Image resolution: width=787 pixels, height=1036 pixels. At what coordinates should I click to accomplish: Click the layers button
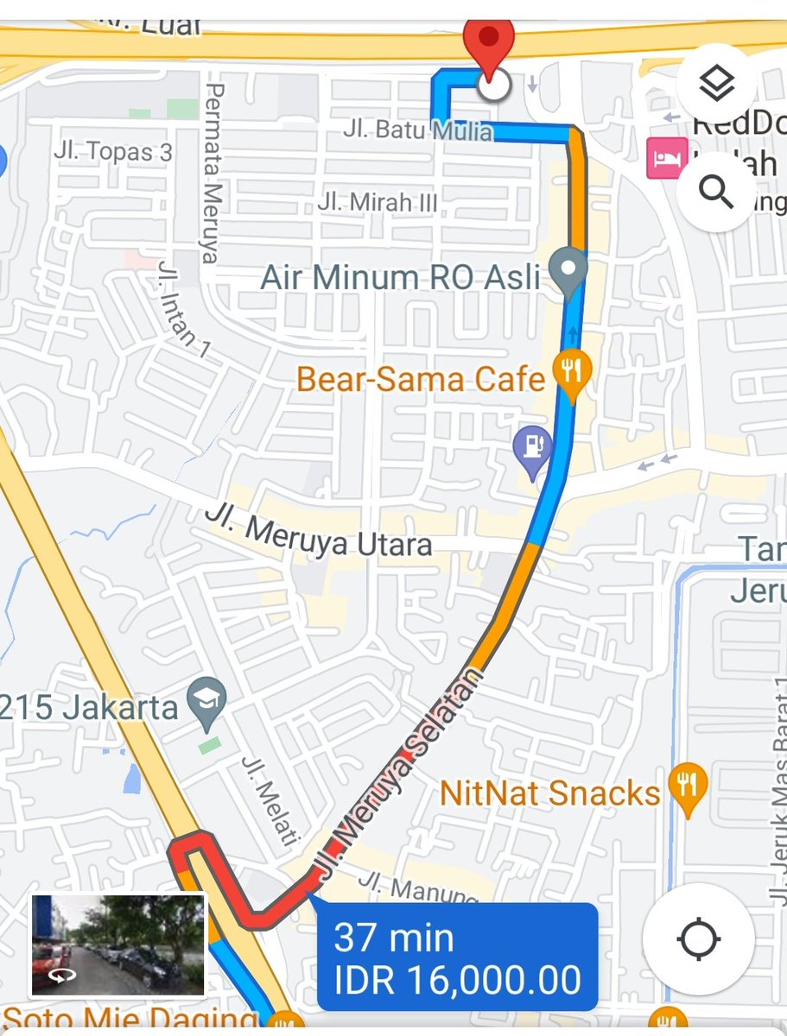(716, 84)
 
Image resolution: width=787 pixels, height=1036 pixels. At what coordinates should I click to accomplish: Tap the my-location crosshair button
(699, 939)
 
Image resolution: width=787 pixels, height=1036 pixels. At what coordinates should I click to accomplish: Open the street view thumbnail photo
(117, 944)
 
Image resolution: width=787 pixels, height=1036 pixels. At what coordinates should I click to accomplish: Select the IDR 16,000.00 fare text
(458, 981)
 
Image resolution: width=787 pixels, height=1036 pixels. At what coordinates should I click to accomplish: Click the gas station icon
(532, 448)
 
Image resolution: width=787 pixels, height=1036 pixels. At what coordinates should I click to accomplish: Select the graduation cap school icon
(207, 699)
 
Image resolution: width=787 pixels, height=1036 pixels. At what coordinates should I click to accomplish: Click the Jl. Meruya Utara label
(318, 533)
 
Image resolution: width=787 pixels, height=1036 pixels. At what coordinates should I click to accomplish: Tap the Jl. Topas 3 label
(113, 152)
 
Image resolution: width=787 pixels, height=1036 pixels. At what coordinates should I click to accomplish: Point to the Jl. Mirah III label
(378, 203)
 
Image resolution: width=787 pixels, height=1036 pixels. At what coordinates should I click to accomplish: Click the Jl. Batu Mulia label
(417, 131)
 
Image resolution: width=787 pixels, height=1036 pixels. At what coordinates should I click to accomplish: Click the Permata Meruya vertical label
(213, 173)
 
